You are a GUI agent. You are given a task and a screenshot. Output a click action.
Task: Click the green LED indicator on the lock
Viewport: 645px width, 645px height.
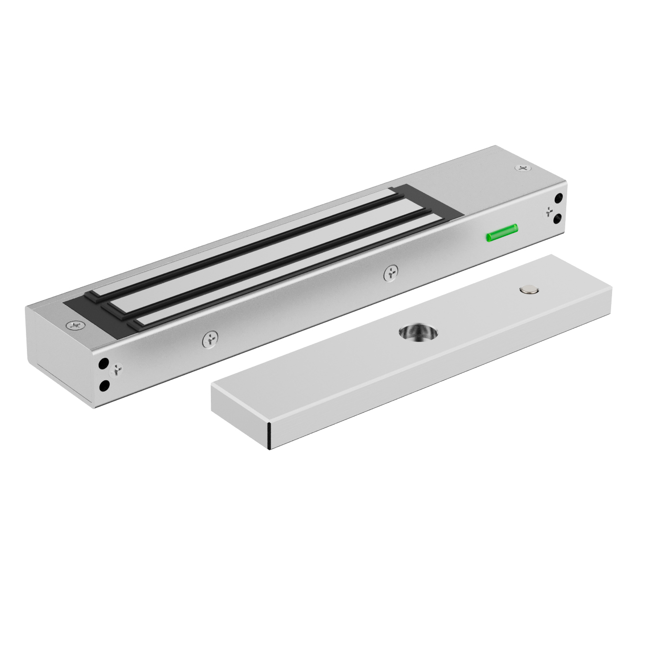point(502,233)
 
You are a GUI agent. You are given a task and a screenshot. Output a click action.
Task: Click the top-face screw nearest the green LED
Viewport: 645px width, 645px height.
point(523,169)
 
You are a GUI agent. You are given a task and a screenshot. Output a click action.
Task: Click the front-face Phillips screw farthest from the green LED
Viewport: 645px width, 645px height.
point(209,339)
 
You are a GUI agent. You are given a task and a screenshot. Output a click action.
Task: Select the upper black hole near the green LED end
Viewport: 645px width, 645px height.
point(558,199)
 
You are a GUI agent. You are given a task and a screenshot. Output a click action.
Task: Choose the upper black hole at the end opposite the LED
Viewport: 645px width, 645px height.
point(104,363)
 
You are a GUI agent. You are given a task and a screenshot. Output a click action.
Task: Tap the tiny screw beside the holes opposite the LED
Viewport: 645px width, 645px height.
point(118,369)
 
